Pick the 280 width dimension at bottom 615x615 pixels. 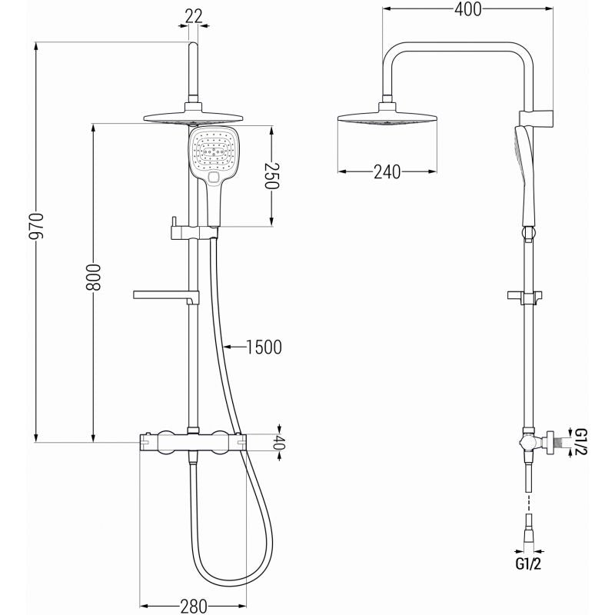click(194, 606)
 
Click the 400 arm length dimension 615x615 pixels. click(468, 10)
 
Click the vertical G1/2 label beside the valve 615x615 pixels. click(580, 442)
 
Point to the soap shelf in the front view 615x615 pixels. click(166, 294)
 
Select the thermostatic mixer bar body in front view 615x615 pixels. click(192, 440)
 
